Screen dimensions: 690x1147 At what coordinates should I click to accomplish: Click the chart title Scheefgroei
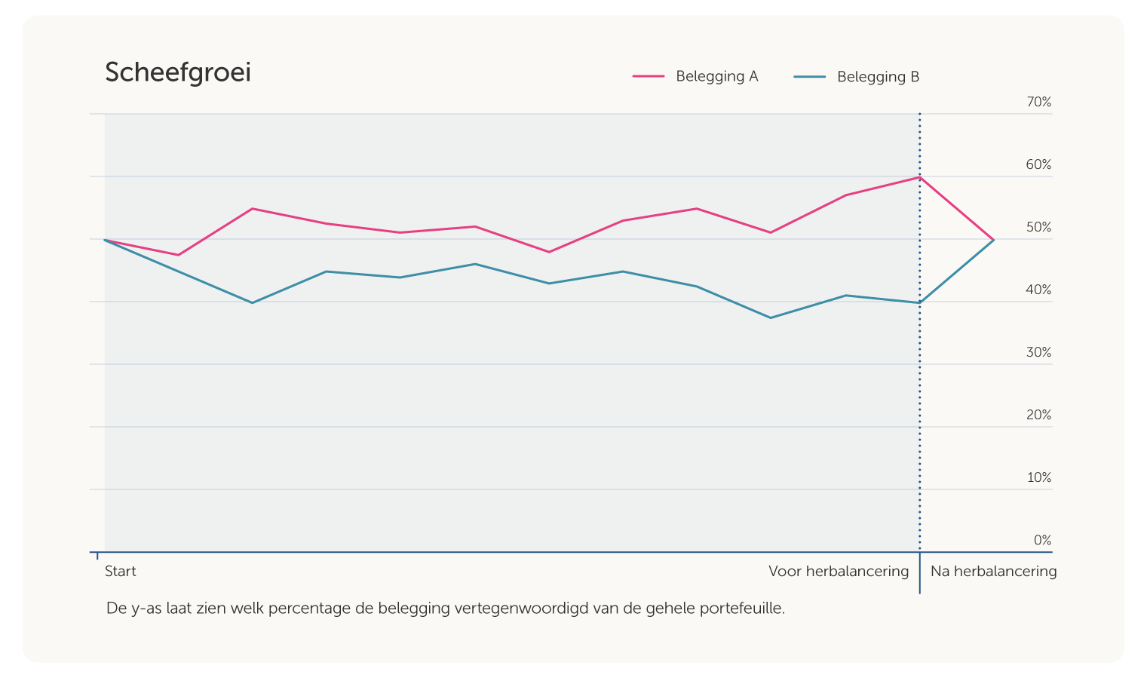(x=178, y=73)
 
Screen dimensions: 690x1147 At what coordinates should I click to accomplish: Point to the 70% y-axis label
(x=1038, y=102)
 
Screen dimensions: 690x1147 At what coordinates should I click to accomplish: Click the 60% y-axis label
(x=1038, y=164)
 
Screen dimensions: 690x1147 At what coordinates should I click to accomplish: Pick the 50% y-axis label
(x=1038, y=227)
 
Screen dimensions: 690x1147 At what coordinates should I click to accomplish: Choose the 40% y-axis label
(x=1038, y=290)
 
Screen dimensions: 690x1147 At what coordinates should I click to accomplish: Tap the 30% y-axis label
(x=1038, y=352)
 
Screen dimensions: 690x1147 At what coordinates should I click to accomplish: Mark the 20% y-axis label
(x=1038, y=415)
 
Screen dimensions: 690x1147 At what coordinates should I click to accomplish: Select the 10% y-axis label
(x=1038, y=477)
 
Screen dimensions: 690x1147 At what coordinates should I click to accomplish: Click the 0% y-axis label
(x=1042, y=540)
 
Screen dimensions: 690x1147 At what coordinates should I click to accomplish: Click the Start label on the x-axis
(x=121, y=571)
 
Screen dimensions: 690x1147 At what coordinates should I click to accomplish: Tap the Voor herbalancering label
(x=839, y=571)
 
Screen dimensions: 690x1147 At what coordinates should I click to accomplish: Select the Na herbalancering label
(x=993, y=571)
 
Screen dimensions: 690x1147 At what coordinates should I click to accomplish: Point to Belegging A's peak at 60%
(x=919, y=177)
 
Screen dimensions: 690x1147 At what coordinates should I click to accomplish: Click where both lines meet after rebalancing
(x=993, y=240)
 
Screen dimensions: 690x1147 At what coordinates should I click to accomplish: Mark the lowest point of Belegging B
(x=771, y=317)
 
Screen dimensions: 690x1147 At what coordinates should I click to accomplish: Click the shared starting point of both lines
(x=105, y=240)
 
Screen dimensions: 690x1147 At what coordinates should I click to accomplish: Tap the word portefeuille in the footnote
(x=742, y=608)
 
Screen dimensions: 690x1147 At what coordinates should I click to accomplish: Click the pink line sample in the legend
(x=649, y=76)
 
